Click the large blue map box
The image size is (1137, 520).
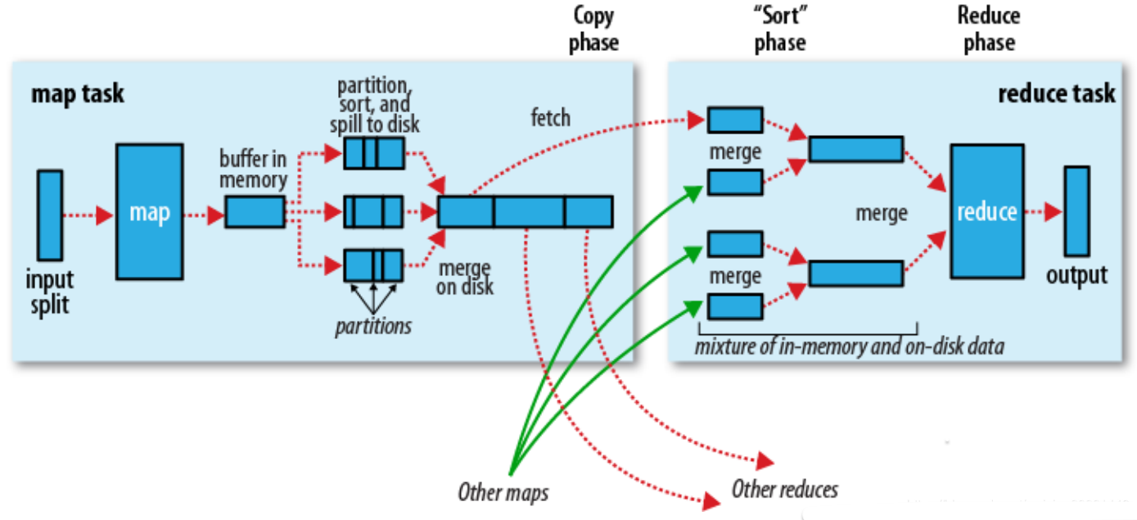click(149, 213)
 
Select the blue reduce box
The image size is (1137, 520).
click(986, 211)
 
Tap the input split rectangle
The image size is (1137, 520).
click(50, 215)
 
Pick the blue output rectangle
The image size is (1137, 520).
click(1076, 211)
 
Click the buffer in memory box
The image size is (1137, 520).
click(255, 212)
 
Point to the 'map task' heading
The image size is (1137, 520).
click(78, 93)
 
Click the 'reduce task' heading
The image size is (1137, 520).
click(1056, 93)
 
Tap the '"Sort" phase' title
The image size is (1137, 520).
click(779, 29)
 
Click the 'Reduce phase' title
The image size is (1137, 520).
click(989, 29)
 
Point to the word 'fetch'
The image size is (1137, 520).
click(550, 118)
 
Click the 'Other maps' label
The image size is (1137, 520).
click(503, 492)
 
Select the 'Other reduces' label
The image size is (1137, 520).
click(784, 490)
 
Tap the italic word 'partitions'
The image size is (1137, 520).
click(373, 325)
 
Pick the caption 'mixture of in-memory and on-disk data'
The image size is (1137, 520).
click(849, 346)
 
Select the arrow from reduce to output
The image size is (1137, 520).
click(1044, 212)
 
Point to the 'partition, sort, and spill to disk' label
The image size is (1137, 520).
click(374, 105)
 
